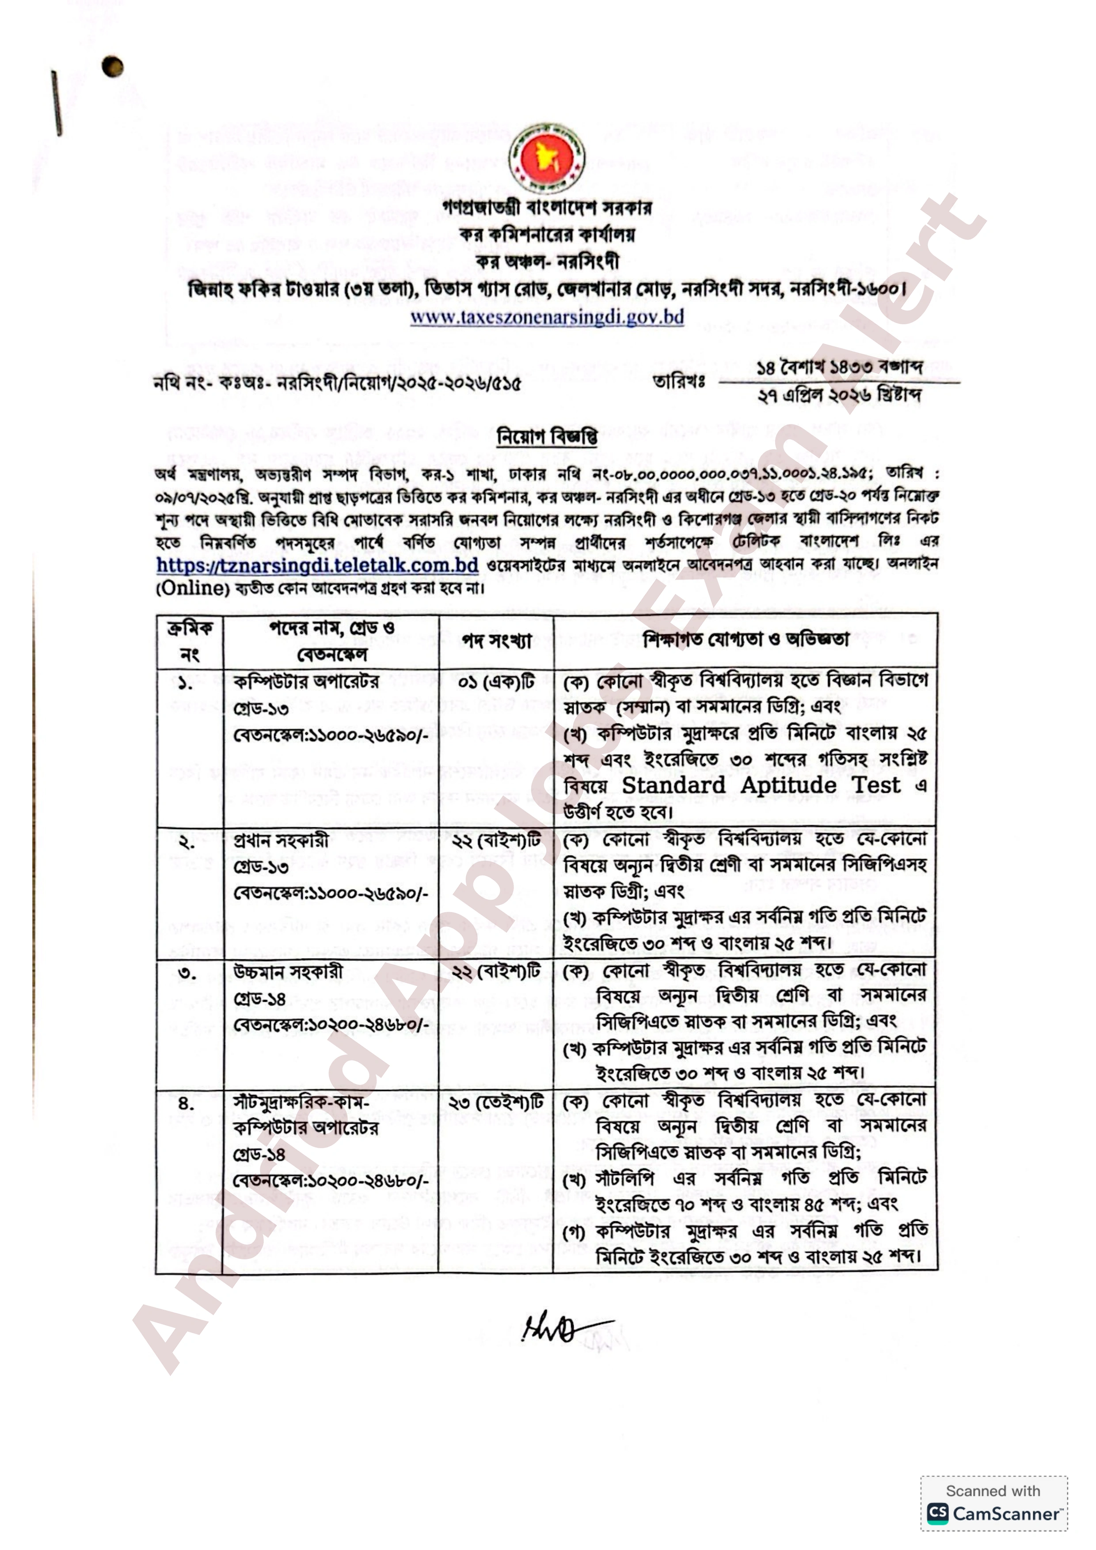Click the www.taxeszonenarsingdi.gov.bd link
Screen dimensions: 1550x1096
click(x=547, y=317)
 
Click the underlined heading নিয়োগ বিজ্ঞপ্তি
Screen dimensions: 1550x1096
click(x=547, y=437)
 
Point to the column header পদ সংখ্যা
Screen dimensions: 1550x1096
click(x=496, y=640)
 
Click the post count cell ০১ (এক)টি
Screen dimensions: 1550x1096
click(x=496, y=682)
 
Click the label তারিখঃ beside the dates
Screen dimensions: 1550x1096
click(x=679, y=382)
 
